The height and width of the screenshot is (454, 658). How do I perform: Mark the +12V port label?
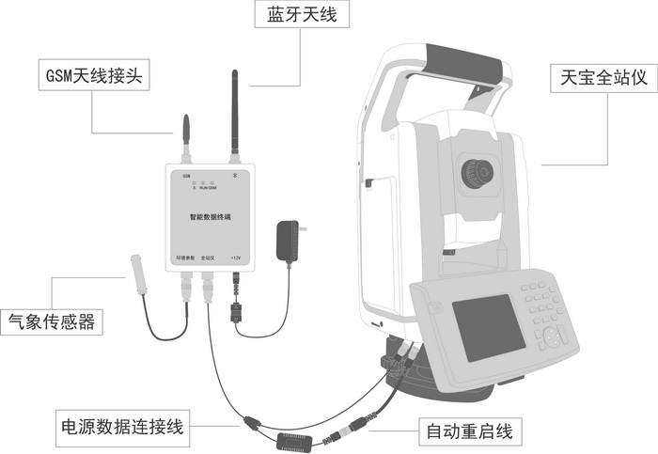click(236, 257)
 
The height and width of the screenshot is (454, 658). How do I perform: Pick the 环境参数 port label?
click(186, 257)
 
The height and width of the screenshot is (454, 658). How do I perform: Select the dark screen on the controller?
click(488, 329)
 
